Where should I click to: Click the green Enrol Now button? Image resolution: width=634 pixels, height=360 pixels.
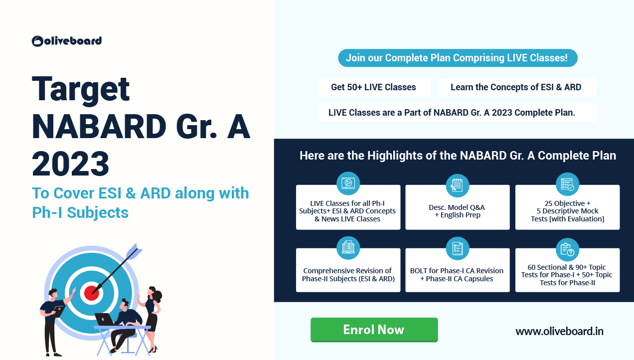pos(374,330)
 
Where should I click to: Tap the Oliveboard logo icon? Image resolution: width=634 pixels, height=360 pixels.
pos(37,41)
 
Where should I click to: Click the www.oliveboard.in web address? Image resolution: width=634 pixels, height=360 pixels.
pos(559,331)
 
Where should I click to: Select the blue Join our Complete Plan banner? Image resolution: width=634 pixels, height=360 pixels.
pos(458,58)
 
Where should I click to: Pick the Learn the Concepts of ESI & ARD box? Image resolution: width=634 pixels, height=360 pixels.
pos(517,87)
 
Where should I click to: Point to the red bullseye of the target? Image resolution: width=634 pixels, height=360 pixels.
pos(91,293)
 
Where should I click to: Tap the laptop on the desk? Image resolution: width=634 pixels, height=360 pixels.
pos(104,319)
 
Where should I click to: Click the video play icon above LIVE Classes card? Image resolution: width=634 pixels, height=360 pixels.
pos(348,183)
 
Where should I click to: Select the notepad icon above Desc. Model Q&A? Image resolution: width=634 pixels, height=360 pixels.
pos(458,185)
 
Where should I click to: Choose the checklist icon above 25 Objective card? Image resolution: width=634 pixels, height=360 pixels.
pos(567,184)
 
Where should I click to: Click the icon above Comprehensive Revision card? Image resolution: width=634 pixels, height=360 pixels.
pos(348,247)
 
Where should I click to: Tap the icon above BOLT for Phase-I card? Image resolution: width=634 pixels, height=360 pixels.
pos(458,248)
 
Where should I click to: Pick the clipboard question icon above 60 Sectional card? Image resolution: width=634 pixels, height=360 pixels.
pos(567,249)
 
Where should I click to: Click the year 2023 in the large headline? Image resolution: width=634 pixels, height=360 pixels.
pos(70,164)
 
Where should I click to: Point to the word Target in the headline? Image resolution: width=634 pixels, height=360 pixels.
pos(81,90)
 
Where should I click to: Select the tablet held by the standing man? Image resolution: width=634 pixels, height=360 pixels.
pos(59,311)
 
